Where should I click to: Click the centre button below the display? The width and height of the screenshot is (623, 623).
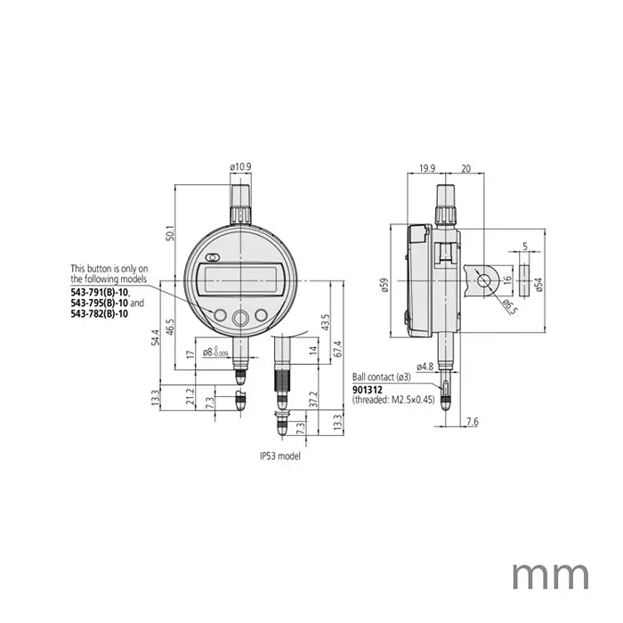pyautogui.click(x=239, y=319)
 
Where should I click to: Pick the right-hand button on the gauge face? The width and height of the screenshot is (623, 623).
pyautogui.click(x=262, y=314)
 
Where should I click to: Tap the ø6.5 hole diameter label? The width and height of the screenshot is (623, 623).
pyautogui.click(x=508, y=307)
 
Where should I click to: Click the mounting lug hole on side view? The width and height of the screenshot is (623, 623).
pyautogui.click(x=482, y=279)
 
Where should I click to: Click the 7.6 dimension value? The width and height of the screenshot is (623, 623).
pyautogui.click(x=473, y=421)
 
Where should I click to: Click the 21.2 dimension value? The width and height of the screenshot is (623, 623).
pyautogui.click(x=189, y=394)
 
